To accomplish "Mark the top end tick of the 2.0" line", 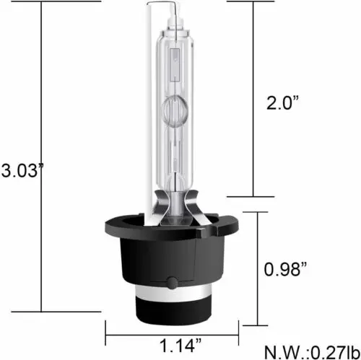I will pyautogui.click(x=252, y=4).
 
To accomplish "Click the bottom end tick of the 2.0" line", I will pyautogui.click(x=252, y=196).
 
